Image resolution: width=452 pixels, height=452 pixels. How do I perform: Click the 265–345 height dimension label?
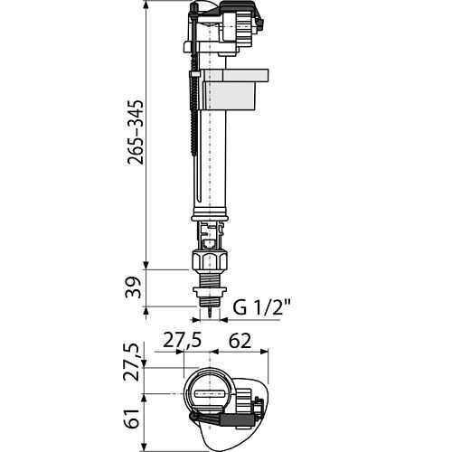[x=136, y=132]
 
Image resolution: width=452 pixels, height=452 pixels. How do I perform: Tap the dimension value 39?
[x=133, y=287]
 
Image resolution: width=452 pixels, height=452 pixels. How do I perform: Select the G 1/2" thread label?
[x=261, y=307]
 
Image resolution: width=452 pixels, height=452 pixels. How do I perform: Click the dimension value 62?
[x=240, y=342]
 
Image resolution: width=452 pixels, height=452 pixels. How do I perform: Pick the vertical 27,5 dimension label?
[x=132, y=362]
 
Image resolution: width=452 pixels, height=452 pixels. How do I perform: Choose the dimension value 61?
[x=132, y=419]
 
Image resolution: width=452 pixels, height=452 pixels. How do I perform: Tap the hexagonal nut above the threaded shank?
[x=209, y=259]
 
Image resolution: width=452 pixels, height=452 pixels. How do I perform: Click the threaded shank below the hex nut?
[x=210, y=278]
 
